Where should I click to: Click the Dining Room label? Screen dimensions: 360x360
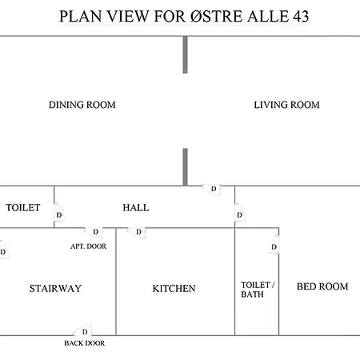coord(82,105)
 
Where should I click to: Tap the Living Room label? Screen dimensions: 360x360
coord(286,105)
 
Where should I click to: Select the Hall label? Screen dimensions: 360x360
coord(136,208)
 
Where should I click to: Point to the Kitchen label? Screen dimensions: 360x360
coord(174,288)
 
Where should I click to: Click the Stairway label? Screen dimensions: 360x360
coord(55,288)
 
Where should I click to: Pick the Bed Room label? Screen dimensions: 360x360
coord(322,286)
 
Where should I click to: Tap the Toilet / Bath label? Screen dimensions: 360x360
coord(258,290)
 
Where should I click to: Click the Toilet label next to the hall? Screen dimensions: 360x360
coord(23,208)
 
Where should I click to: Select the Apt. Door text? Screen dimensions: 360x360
coord(88,246)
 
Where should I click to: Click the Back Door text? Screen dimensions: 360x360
coord(85,343)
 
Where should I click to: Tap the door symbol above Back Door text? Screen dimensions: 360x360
coord(83,330)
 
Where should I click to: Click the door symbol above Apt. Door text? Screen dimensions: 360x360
coord(94,233)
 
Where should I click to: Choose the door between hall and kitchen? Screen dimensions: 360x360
coord(137,233)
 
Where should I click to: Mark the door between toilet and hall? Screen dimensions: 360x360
coord(59,213)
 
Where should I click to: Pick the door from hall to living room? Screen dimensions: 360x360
coord(212,190)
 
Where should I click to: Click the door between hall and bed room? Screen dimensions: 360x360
coord(240,213)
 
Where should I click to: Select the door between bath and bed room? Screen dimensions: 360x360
coord(274,245)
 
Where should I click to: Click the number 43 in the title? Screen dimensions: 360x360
coord(301,16)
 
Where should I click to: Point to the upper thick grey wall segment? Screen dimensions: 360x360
coord(185,54)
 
